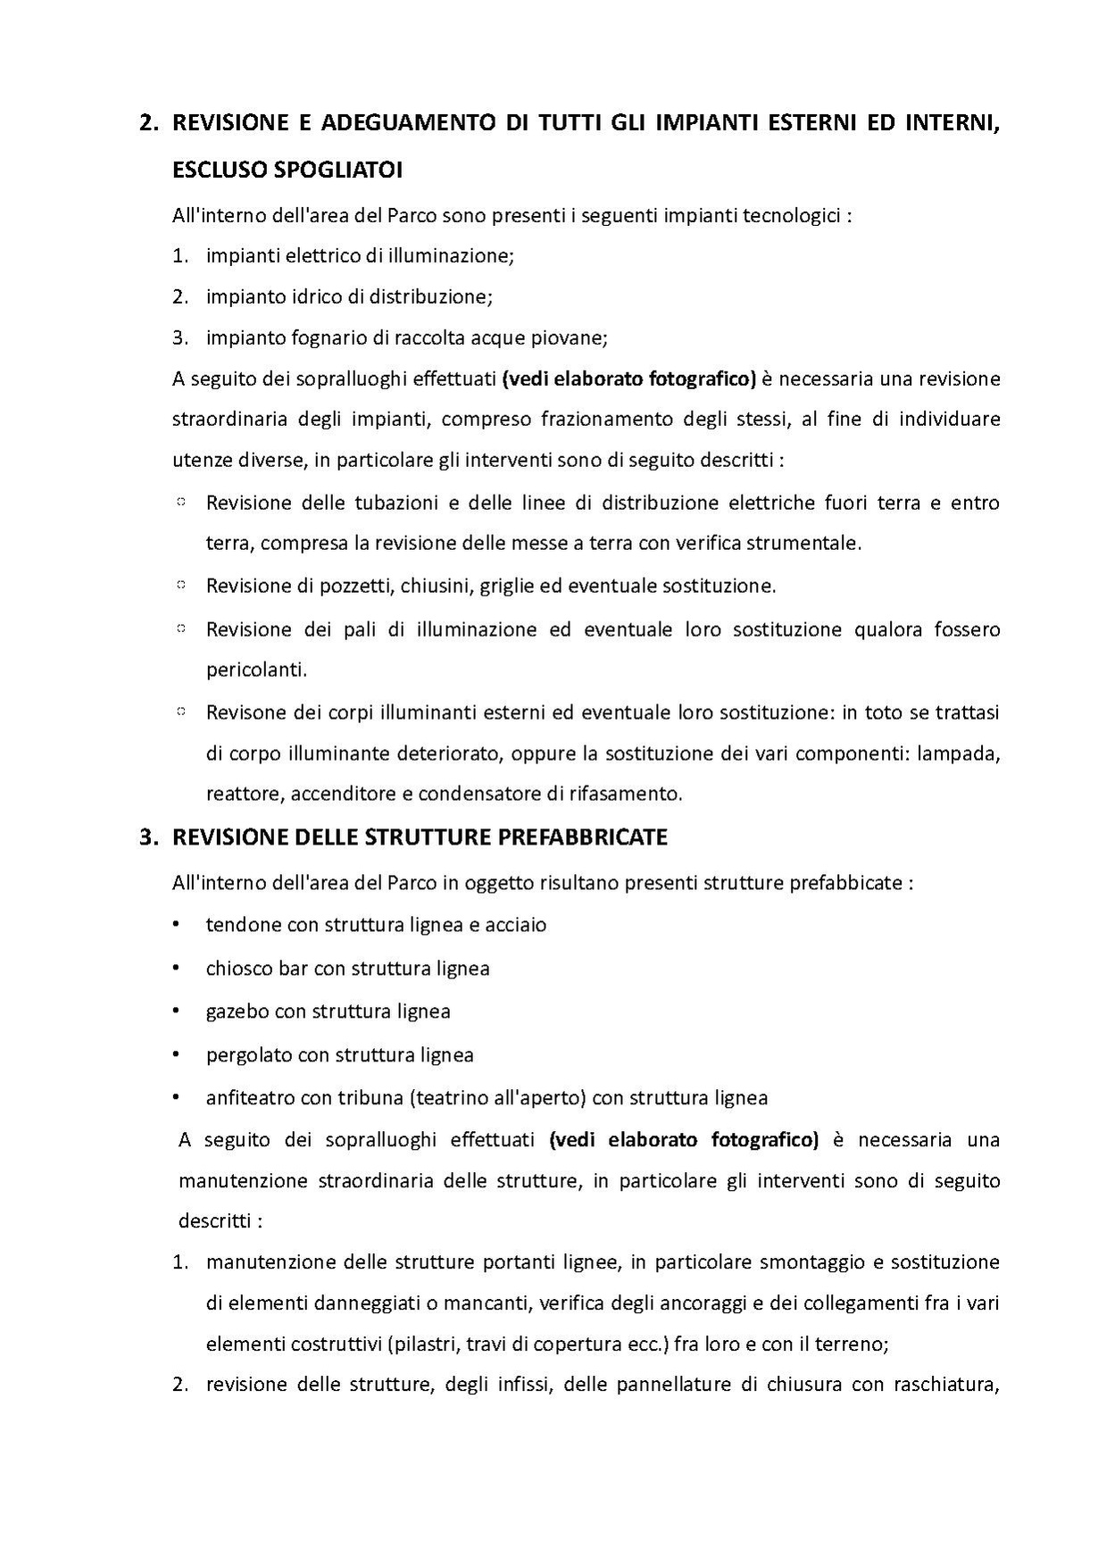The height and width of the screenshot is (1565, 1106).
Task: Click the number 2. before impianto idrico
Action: pos(180,296)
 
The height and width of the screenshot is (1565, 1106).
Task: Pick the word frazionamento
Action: pos(602,420)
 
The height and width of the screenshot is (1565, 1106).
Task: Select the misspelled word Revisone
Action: pos(244,712)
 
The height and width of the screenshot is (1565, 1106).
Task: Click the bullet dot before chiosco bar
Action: pos(177,968)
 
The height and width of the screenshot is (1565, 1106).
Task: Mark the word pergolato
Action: pos(249,1055)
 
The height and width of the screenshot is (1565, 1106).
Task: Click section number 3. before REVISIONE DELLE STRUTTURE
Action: pos(149,837)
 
